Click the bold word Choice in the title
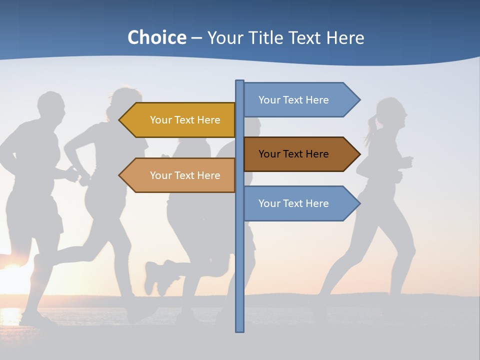click(x=156, y=37)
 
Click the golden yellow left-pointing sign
click(x=180, y=120)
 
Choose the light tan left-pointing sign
click(x=180, y=175)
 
